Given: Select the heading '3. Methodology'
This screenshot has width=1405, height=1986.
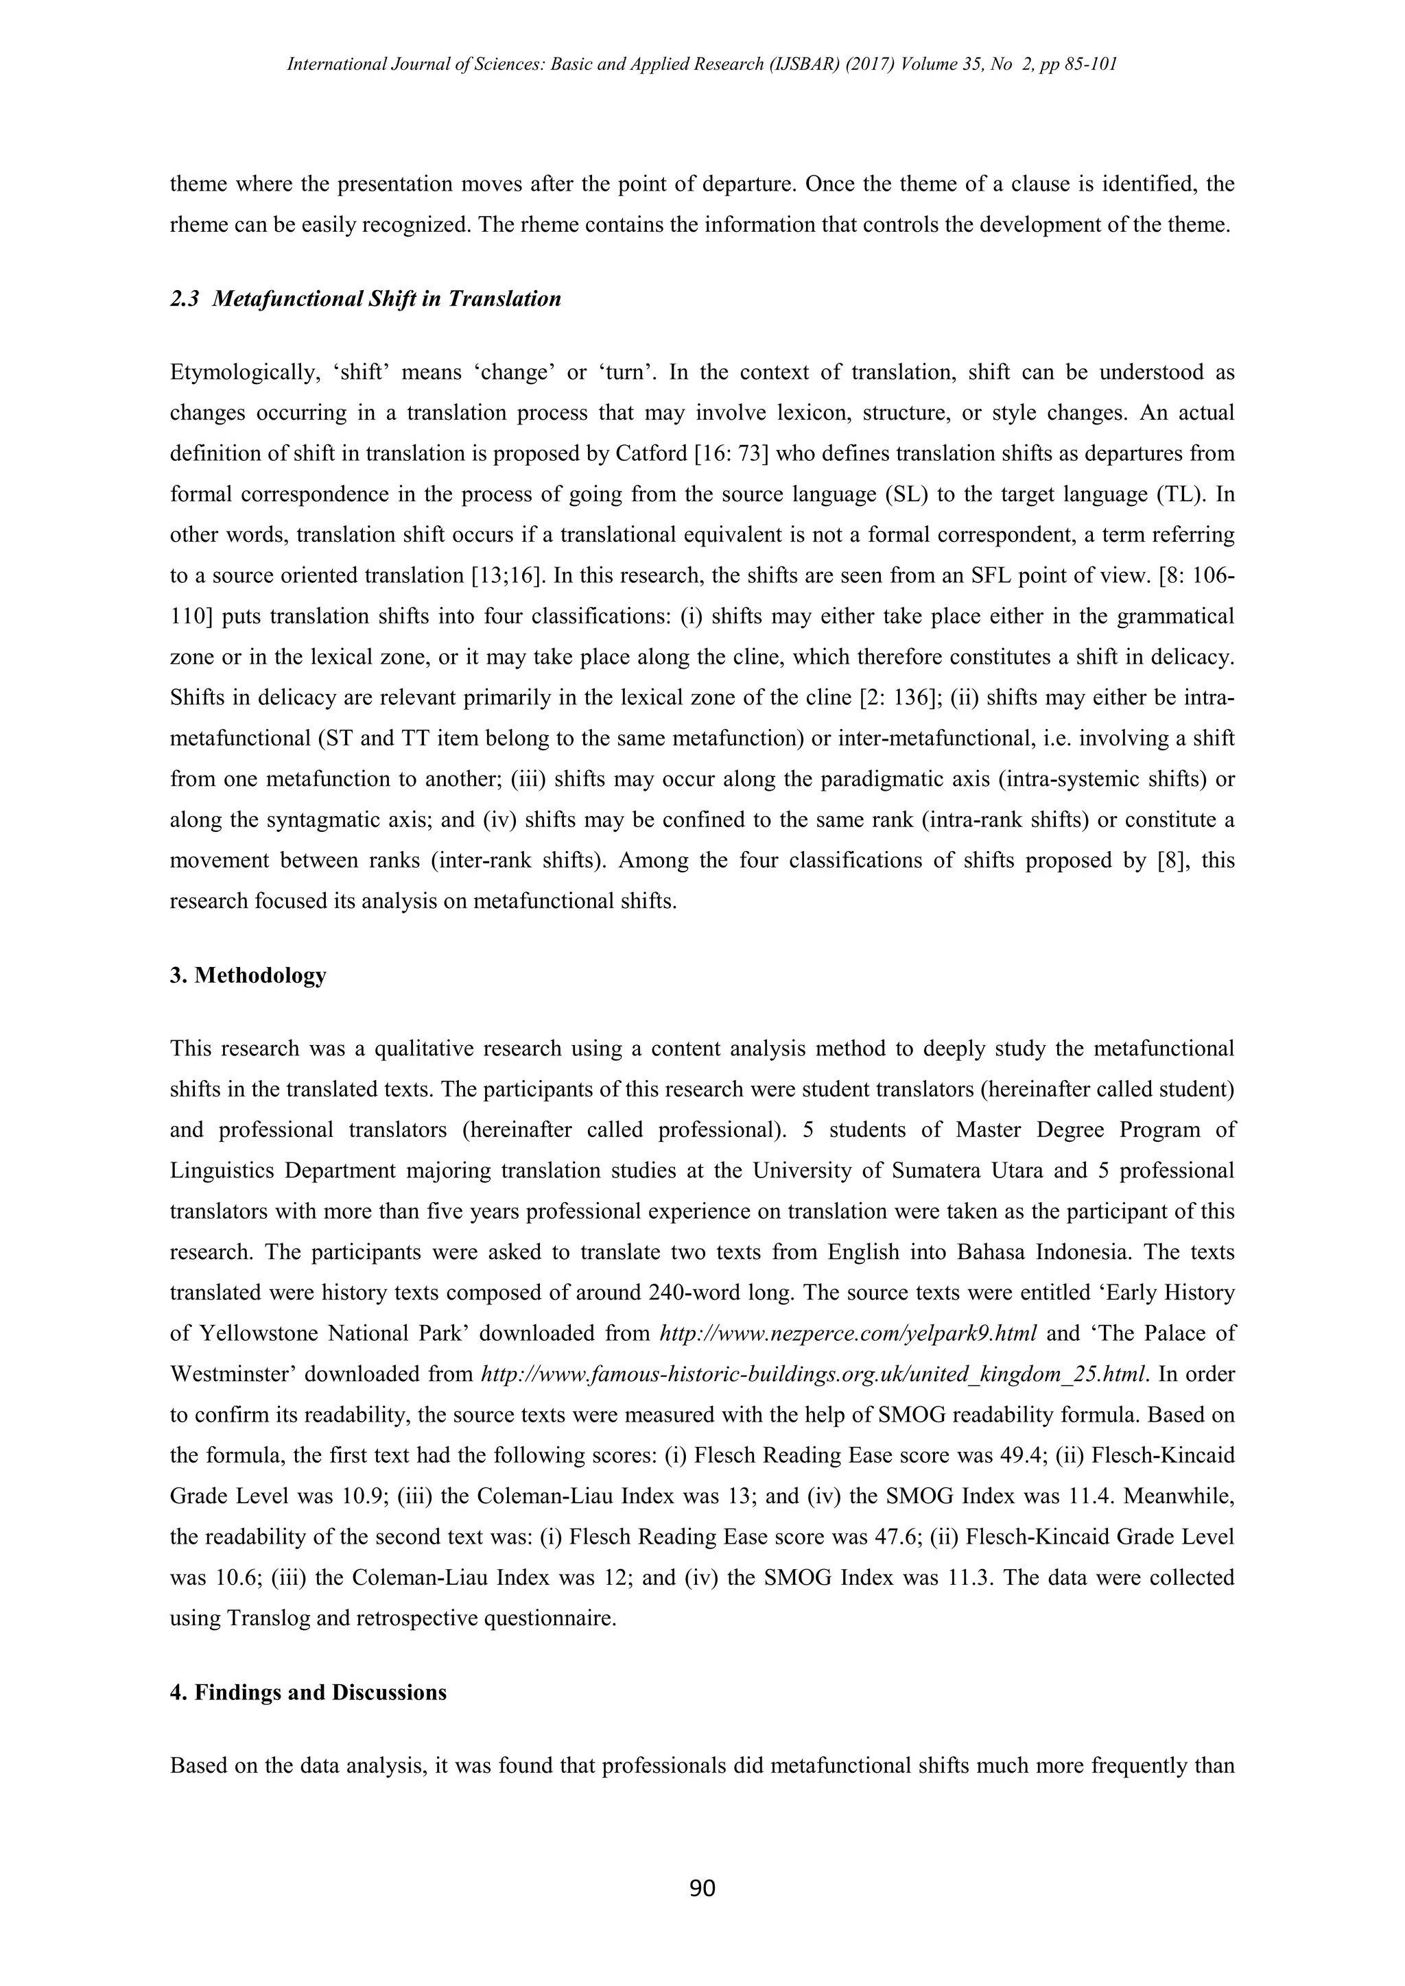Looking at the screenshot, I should click(248, 975).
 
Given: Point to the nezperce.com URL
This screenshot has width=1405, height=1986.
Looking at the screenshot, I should click(848, 1333).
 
